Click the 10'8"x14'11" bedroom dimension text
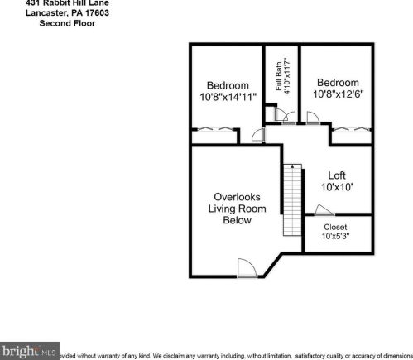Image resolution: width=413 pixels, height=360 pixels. pos(228,98)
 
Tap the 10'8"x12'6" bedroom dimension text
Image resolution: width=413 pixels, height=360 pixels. pos(339,94)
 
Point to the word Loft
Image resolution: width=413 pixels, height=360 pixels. pos(336,175)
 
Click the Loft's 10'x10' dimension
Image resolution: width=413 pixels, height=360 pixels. pos(337,188)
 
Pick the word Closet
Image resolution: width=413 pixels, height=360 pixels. pos(335,227)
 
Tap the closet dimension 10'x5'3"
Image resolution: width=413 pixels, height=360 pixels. pos(335,238)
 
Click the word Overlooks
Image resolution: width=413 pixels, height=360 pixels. pos(237,197)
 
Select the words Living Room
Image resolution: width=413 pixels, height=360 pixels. pos(237,209)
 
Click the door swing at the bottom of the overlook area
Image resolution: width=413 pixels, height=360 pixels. pos(247,268)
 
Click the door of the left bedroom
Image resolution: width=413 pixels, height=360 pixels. pos(257,135)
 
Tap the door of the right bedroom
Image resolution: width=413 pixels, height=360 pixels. pos(312,119)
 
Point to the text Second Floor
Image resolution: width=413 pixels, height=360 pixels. pos(67,24)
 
